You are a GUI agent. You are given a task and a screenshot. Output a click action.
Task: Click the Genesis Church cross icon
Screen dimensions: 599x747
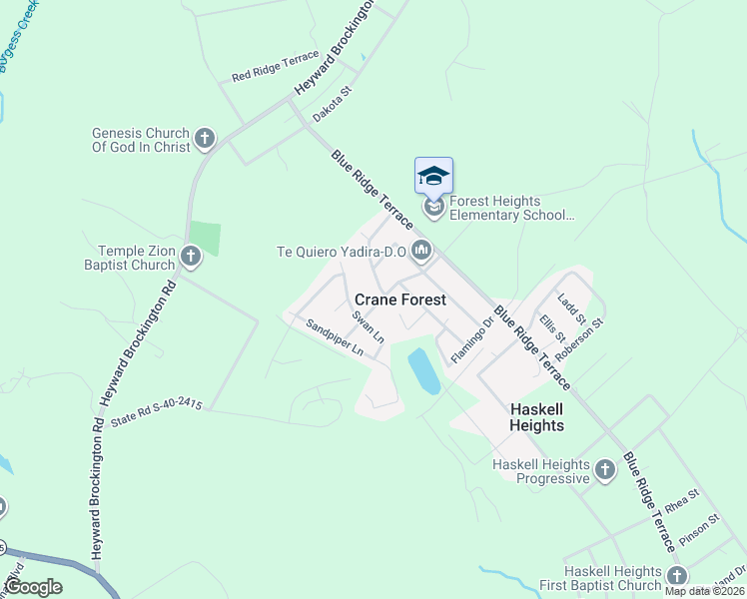tap(205, 138)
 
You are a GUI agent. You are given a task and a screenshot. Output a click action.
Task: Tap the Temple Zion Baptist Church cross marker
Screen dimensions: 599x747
tap(190, 259)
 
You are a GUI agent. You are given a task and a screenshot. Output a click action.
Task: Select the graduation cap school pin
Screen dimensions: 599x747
tap(433, 177)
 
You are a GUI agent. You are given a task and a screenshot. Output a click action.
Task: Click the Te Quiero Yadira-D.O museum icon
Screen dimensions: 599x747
tap(420, 251)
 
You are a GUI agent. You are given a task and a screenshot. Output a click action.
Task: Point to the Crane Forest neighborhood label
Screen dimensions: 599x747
tap(399, 299)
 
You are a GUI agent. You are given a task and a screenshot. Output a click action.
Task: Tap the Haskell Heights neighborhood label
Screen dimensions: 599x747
tap(536, 417)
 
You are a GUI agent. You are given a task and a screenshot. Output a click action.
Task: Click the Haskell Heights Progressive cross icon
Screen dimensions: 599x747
tap(604, 469)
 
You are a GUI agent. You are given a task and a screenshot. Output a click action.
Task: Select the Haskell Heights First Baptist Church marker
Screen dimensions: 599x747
tap(677, 575)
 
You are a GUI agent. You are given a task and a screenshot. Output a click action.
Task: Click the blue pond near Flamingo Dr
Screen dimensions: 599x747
tap(423, 371)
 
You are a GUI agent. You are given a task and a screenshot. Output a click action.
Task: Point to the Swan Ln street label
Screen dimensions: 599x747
tap(368, 326)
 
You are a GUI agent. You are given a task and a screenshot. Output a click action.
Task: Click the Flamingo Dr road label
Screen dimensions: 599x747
tap(472, 340)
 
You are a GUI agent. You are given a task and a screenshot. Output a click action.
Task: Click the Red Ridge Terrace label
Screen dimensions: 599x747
tap(275, 66)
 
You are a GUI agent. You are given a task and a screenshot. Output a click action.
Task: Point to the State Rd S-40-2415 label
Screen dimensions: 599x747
tap(157, 412)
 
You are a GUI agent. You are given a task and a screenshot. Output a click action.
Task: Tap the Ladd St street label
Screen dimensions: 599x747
tap(572, 307)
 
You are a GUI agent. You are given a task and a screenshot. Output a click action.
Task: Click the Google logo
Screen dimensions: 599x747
tap(33, 587)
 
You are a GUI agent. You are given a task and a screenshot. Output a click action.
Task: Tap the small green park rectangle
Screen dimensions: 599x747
tap(204, 239)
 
